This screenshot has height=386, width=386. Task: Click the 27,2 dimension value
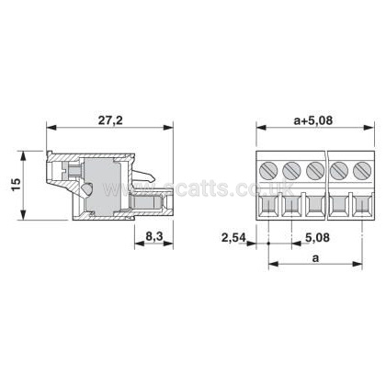click(x=110, y=120)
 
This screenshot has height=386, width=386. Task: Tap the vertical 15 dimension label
click(x=17, y=184)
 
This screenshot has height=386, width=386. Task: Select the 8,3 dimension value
click(x=153, y=236)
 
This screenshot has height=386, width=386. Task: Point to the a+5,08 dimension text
click(x=313, y=120)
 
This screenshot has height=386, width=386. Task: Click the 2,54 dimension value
click(x=233, y=237)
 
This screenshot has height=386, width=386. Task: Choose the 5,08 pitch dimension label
click(x=317, y=237)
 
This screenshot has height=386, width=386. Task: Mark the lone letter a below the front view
click(x=315, y=258)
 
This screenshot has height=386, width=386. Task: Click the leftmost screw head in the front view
click(x=268, y=170)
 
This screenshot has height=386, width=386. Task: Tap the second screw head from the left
click(x=291, y=170)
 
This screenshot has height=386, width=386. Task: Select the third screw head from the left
click(x=315, y=170)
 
